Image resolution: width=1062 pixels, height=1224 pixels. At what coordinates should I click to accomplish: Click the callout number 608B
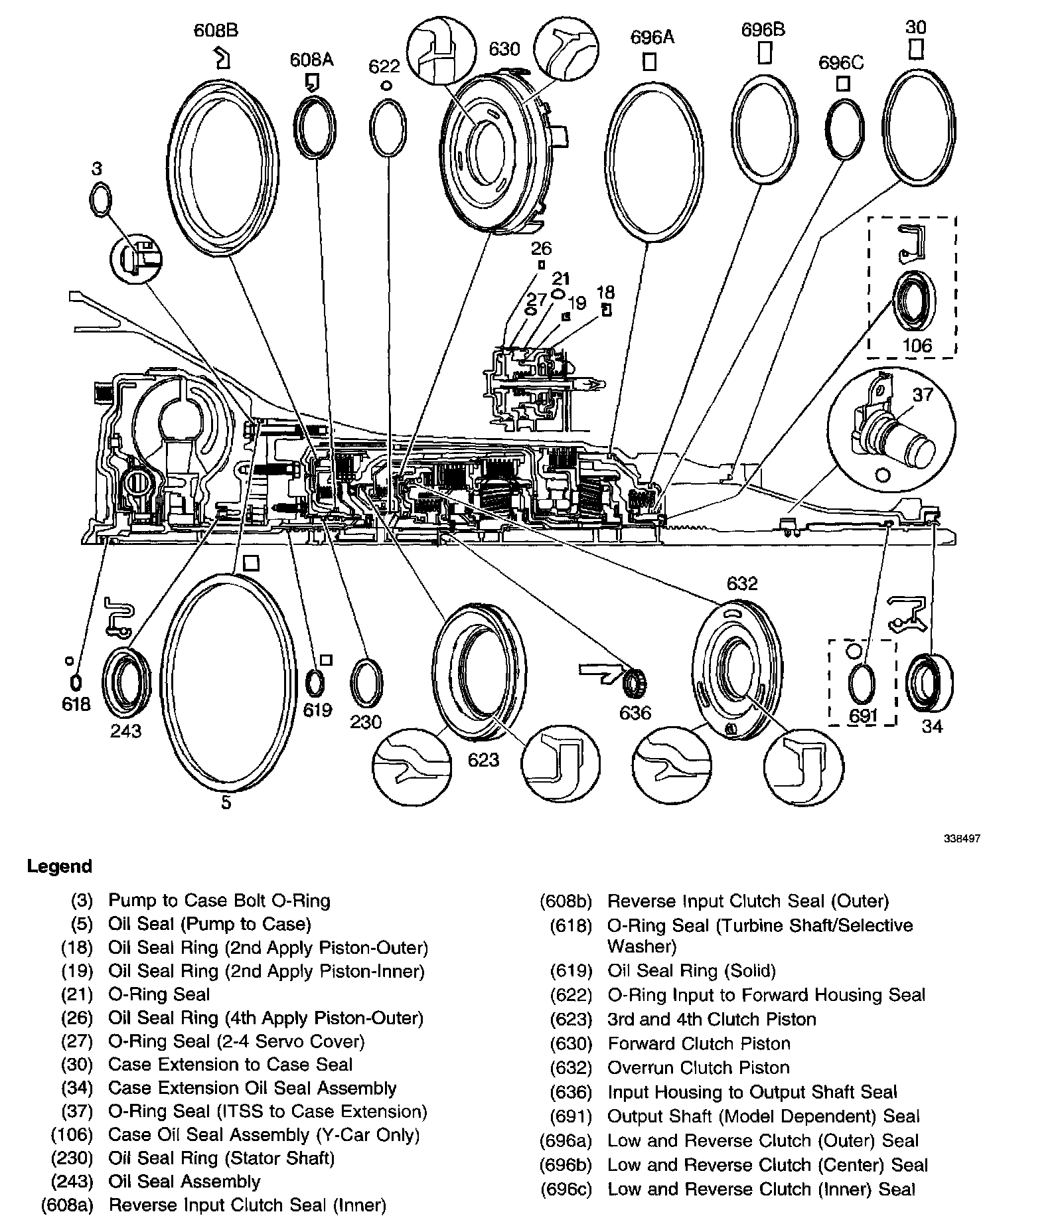tap(216, 31)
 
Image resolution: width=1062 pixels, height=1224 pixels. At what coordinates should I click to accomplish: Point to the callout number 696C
tap(841, 62)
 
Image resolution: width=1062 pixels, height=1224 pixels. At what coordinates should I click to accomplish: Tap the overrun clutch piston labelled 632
tap(735, 666)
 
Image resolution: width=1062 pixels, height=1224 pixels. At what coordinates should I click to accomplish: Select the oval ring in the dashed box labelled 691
tap(862, 684)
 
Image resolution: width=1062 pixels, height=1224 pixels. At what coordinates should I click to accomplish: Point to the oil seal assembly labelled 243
tap(126, 683)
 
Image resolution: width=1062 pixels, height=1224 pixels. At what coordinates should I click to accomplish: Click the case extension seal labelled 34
tap(929, 683)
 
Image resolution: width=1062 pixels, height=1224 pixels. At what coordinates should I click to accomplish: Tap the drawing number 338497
tap(962, 839)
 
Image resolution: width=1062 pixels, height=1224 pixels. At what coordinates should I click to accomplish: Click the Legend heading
tap(60, 866)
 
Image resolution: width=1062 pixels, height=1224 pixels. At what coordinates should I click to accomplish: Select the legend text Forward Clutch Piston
tap(699, 1043)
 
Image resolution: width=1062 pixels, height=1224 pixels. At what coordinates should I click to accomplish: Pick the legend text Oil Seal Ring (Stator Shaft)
tap(221, 1158)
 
